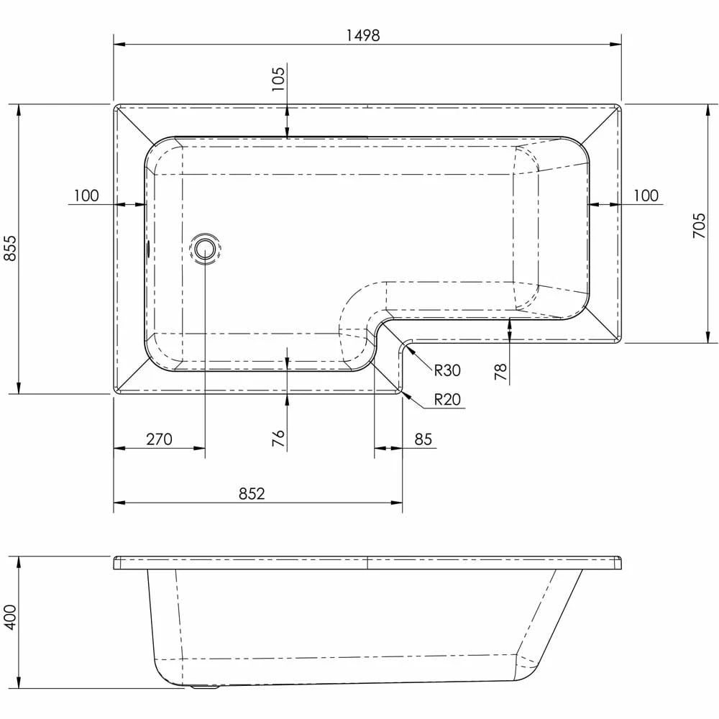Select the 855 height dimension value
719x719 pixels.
pyautogui.click(x=9, y=249)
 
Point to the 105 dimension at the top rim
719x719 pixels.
pyautogui.click(x=279, y=75)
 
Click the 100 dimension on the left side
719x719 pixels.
pyautogui.click(x=86, y=196)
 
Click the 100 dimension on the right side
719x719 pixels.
pyautogui.click(x=646, y=196)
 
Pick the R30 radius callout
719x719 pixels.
pyautogui.click(x=446, y=370)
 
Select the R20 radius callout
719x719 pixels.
pyautogui.click(x=446, y=400)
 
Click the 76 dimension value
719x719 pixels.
pyautogui.click(x=279, y=437)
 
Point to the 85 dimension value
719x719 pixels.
pyautogui.click(x=423, y=439)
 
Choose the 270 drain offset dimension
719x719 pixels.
pyautogui.click(x=159, y=439)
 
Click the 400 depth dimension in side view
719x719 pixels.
pyautogui.click(x=9, y=617)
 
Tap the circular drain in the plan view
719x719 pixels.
pyautogui.click(x=204, y=249)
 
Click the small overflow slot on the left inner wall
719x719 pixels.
pyautogui.click(x=148, y=249)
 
